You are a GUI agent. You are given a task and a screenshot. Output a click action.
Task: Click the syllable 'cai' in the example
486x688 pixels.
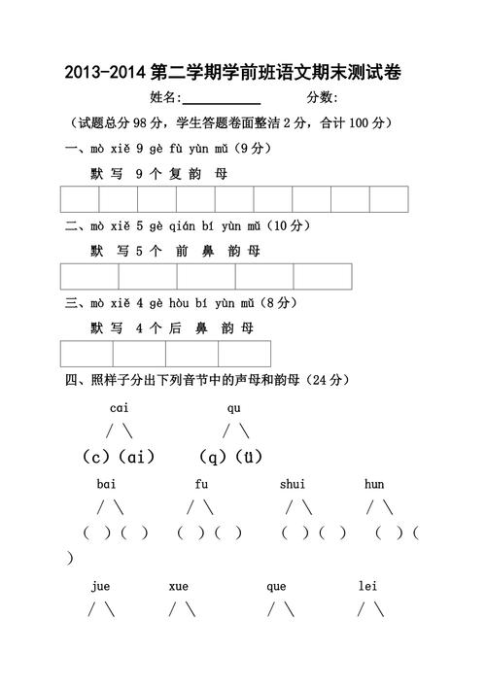[x=120, y=407]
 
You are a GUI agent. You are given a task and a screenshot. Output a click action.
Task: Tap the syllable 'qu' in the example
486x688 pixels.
[x=234, y=407]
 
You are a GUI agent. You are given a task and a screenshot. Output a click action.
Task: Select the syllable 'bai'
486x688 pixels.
[x=107, y=484]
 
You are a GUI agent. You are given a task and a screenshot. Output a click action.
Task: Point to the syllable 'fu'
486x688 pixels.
[x=202, y=484]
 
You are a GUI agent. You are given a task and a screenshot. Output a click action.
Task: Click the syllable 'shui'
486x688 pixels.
[x=292, y=484]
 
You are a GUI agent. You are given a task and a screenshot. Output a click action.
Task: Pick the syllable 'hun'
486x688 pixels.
[x=374, y=484]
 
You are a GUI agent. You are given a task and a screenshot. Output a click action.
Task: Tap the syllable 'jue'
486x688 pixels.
[x=101, y=586]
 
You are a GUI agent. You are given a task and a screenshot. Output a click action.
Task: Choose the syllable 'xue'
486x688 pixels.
[x=178, y=586]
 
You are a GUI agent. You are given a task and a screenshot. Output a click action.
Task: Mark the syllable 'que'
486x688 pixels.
[x=276, y=586]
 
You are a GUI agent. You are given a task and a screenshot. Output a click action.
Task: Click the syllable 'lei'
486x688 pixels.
[x=367, y=586]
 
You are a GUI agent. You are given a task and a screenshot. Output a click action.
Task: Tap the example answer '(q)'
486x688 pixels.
[x=212, y=456]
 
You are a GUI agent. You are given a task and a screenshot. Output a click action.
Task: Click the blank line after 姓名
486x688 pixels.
[x=222, y=100]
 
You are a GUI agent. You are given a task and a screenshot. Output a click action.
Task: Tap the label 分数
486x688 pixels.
[x=322, y=97]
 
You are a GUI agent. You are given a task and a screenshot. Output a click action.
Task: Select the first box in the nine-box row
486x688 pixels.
[x=80, y=198]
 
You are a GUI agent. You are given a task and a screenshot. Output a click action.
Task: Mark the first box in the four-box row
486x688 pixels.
[x=87, y=354]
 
